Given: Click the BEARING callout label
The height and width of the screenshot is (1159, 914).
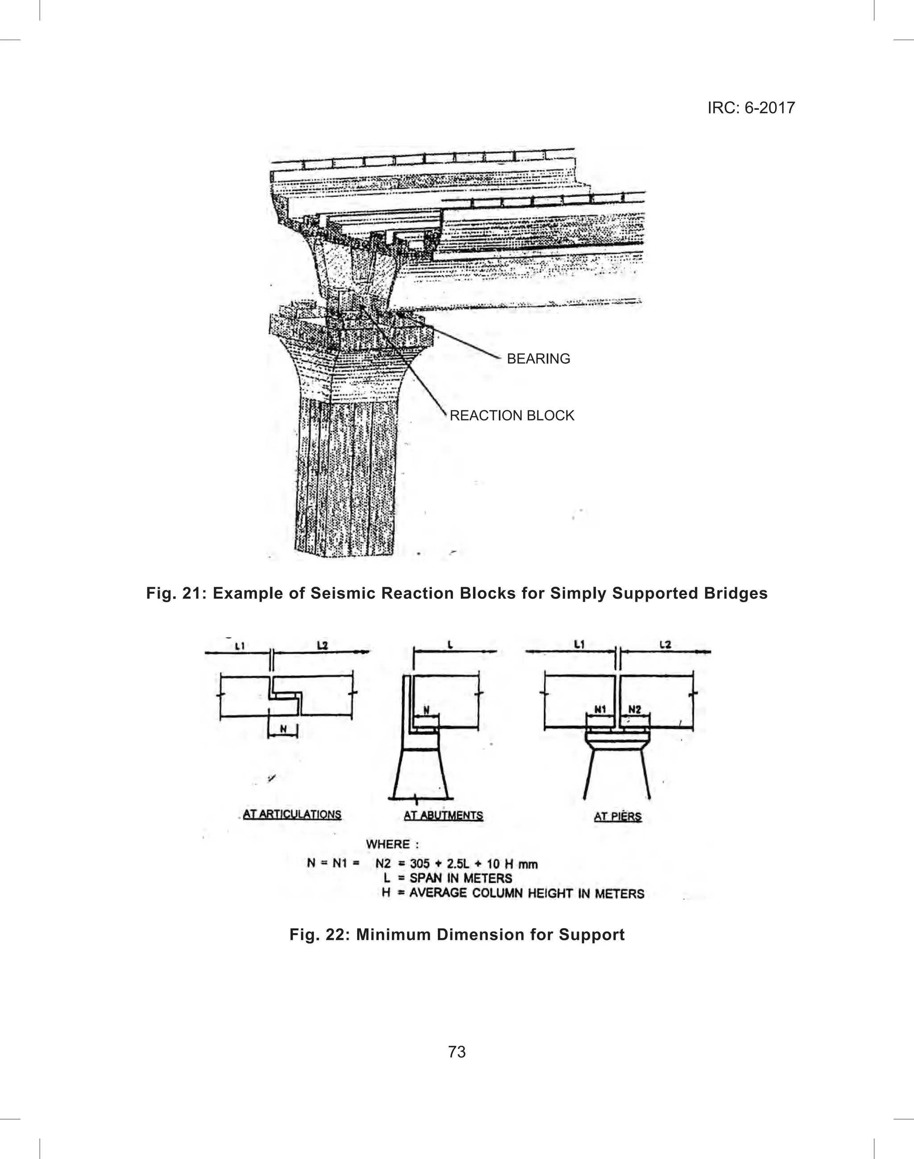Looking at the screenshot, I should pyautogui.click(x=538, y=359).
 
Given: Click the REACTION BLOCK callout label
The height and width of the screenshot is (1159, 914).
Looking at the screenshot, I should pyautogui.click(x=511, y=416).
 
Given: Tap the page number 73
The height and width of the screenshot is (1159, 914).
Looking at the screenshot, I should pyautogui.click(x=457, y=1052).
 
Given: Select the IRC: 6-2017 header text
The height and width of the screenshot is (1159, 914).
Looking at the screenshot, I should pyautogui.click(x=751, y=108).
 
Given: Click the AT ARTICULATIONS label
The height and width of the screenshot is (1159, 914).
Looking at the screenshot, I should pyautogui.click(x=291, y=815).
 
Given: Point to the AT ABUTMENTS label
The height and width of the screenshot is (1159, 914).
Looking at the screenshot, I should pyautogui.click(x=443, y=815).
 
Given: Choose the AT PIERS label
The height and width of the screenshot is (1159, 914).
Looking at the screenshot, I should pyautogui.click(x=618, y=817).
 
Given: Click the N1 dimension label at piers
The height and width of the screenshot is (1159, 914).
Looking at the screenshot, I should pyautogui.click(x=600, y=709).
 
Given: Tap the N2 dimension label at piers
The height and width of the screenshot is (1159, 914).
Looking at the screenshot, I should pyautogui.click(x=635, y=709).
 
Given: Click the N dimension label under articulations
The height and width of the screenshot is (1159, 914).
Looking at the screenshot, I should pyautogui.click(x=283, y=729).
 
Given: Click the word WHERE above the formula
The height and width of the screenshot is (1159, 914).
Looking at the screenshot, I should pyautogui.click(x=387, y=844).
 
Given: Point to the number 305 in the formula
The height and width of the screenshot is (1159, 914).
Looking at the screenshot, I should pyautogui.click(x=420, y=864).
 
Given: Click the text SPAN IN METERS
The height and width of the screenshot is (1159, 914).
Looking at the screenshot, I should pyautogui.click(x=461, y=878).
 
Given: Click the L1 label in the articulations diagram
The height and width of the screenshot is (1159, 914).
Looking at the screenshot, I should pyautogui.click(x=240, y=646).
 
